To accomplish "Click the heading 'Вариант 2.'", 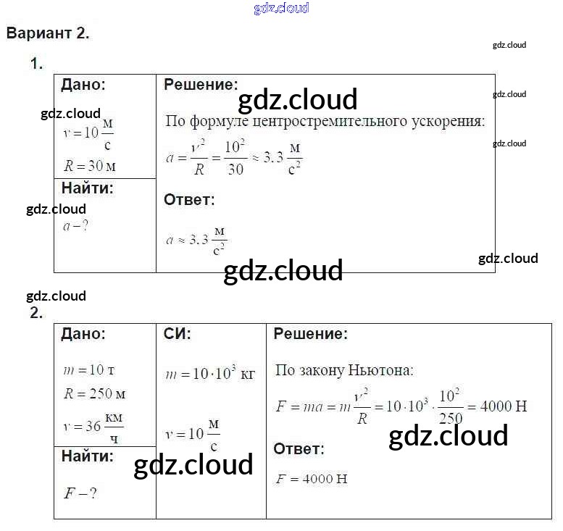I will (x=48, y=34).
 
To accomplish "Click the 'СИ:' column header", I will (x=178, y=335).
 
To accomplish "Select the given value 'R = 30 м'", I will (x=90, y=166).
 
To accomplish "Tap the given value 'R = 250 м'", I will (x=94, y=395).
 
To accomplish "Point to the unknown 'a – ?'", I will (x=75, y=225).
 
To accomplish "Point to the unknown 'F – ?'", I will (x=80, y=493).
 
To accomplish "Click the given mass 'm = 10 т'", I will (x=89, y=370).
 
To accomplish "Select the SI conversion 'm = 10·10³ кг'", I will (x=210, y=375).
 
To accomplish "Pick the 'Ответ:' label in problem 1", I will (x=189, y=200).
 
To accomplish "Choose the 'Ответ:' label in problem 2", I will (x=299, y=449).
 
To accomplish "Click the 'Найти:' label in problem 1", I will (x=88, y=189).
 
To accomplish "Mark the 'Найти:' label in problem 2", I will (x=88, y=456).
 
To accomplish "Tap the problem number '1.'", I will (x=36, y=64).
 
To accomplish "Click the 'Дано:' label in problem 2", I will (x=83, y=335).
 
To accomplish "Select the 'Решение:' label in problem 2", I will (x=310, y=335).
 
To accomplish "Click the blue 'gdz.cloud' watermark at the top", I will (x=281, y=9).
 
